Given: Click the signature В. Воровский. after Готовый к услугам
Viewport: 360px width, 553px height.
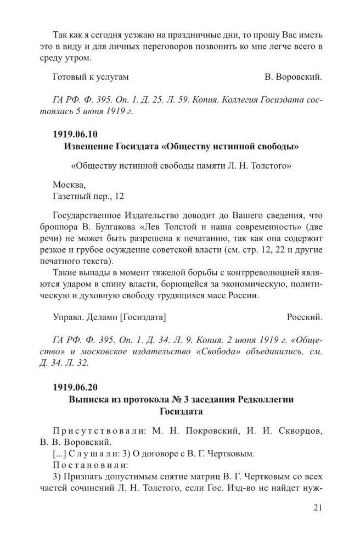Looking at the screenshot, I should (293, 77).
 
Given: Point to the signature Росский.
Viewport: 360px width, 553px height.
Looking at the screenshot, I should (305, 317).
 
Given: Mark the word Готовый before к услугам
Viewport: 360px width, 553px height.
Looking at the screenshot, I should (70, 77).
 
